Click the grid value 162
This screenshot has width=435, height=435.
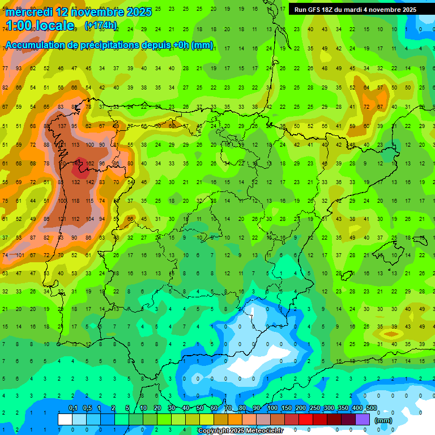point(89,164)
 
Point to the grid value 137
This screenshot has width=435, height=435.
point(62,126)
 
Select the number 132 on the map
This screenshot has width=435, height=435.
point(75,182)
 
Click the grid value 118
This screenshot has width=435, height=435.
point(75,201)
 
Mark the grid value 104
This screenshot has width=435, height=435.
point(89,219)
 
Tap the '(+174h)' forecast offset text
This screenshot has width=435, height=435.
point(101,25)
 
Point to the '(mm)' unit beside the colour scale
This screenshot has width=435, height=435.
point(383,421)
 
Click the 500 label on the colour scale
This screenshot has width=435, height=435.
point(371,408)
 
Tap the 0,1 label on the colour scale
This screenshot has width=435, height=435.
point(72,408)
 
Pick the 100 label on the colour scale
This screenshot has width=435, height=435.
point(272,408)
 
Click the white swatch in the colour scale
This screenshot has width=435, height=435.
point(65,419)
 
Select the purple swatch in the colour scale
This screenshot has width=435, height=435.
point(362,419)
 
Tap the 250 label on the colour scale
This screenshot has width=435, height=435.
point(314,408)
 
